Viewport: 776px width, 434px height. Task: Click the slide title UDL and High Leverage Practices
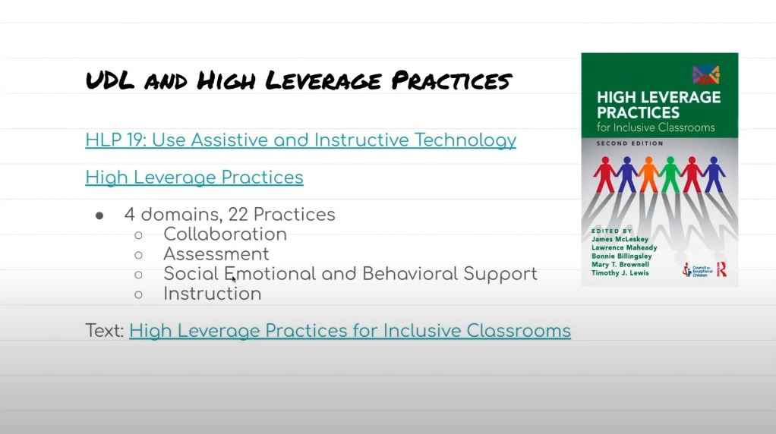(x=298, y=80)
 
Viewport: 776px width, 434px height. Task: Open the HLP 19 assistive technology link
(x=301, y=140)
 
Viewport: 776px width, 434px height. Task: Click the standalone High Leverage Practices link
(x=194, y=178)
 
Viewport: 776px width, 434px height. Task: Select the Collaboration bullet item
(x=225, y=234)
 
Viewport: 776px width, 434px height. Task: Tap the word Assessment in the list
(x=216, y=254)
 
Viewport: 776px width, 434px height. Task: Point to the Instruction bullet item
(x=212, y=294)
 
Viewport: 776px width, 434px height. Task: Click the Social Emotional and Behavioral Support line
(x=350, y=274)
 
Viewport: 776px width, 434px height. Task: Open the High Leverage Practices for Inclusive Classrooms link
(x=350, y=331)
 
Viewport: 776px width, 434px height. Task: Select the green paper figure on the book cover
(x=670, y=174)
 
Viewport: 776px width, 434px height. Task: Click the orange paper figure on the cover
(x=648, y=174)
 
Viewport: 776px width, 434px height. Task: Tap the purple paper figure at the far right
(x=714, y=174)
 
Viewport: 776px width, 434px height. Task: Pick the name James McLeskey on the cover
(x=620, y=239)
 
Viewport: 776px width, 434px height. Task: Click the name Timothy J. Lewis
(x=620, y=273)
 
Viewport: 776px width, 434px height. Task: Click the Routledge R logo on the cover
(x=721, y=268)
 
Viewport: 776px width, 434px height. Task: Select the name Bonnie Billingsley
(x=621, y=256)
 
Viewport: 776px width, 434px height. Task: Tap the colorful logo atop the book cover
(x=705, y=74)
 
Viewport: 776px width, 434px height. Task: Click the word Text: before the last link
(x=105, y=331)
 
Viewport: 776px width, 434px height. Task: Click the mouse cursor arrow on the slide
(x=233, y=279)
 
